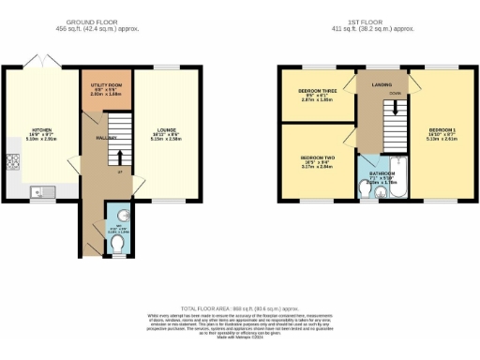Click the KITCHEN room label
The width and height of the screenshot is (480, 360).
[41, 130]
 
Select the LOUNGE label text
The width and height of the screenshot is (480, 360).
[167, 131]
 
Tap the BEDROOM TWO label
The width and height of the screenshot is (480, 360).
[317, 157]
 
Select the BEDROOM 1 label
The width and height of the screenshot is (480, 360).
[442, 131]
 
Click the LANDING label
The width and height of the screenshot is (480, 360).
[382, 85]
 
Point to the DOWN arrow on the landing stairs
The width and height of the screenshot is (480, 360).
[395, 107]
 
